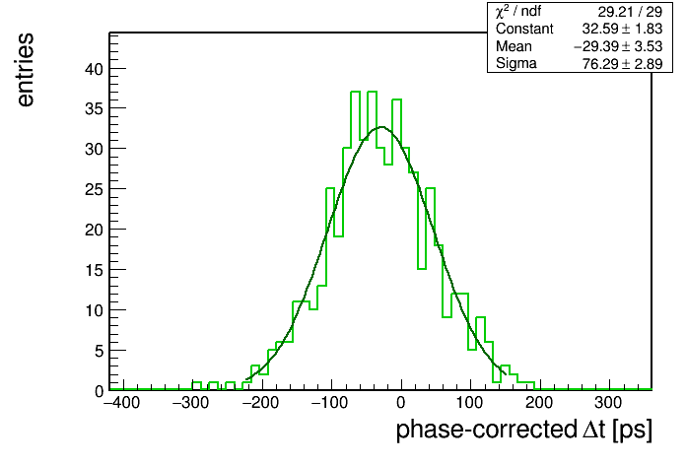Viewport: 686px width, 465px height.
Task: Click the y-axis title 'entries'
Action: click(x=26, y=70)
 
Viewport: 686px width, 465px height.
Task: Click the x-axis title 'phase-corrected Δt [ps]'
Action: click(x=524, y=430)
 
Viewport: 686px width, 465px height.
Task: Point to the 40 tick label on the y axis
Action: click(x=94, y=69)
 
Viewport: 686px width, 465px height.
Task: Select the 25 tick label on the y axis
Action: click(x=94, y=189)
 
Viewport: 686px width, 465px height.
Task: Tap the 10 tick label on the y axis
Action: click(x=94, y=310)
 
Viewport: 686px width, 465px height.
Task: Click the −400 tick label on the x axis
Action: click(x=121, y=403)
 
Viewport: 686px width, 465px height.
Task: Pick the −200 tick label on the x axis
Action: click(x=261, y=403)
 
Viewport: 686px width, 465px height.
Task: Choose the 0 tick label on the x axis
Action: click(x=401, y=403)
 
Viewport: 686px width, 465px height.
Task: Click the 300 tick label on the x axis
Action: click(x=608, y=403)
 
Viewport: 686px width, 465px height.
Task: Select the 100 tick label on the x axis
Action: click(x=469, y=403)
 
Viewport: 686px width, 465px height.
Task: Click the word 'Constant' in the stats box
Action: click(x=524, y=29)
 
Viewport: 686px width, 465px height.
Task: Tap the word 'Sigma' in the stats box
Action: click(x=516, y=64)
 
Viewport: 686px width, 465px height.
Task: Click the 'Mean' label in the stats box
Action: click(x=514, y=46)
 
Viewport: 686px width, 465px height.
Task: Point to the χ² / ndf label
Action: click(x=518, y=12)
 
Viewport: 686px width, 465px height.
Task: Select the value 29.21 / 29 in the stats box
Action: click(x=630, y=12)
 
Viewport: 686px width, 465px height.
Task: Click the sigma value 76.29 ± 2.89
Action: click(x=622, y=64)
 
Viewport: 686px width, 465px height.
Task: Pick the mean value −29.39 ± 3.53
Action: click(x=618, y=46)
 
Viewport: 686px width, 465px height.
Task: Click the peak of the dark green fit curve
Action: click(x=381, y=127)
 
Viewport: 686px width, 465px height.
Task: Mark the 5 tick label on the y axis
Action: click(x=99, y=351)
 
